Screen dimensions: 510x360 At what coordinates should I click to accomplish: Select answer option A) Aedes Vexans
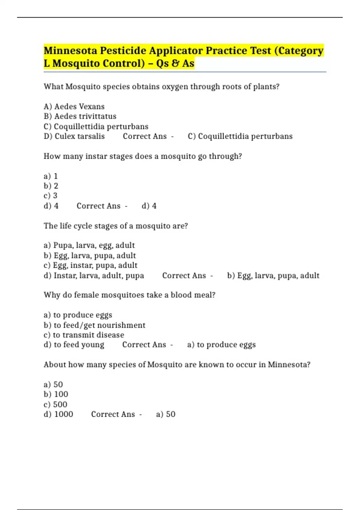coord(74,106)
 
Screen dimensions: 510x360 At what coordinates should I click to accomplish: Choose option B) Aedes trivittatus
coord(80,116)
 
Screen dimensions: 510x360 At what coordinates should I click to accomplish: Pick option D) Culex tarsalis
coord(74,136)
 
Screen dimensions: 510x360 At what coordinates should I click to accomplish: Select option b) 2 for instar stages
coord(51,186)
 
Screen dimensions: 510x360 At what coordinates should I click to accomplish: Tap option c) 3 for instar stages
coord(50,196)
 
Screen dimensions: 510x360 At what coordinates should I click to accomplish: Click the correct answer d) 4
coord(149,206)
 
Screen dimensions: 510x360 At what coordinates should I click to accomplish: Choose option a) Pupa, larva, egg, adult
coord(89,245)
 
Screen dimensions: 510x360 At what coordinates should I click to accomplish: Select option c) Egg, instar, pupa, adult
coord(90,265)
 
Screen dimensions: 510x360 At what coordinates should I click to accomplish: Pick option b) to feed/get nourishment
coord(94,325)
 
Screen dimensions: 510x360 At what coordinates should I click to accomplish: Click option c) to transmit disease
coord(84,335)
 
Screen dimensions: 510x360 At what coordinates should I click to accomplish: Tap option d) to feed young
coord(74,345)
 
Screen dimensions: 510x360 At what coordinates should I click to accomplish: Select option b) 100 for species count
coord(56,394)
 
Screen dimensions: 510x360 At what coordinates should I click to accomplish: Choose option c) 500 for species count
coord(55,404)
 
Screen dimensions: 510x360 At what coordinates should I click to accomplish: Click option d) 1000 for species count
coord(58,414)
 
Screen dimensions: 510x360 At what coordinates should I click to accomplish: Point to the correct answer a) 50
coord(166,414)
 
